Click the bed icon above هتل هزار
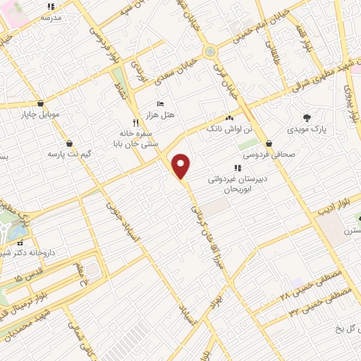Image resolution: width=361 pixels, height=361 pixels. point(160,104)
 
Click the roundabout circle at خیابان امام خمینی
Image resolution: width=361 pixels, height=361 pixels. point(209,51)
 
